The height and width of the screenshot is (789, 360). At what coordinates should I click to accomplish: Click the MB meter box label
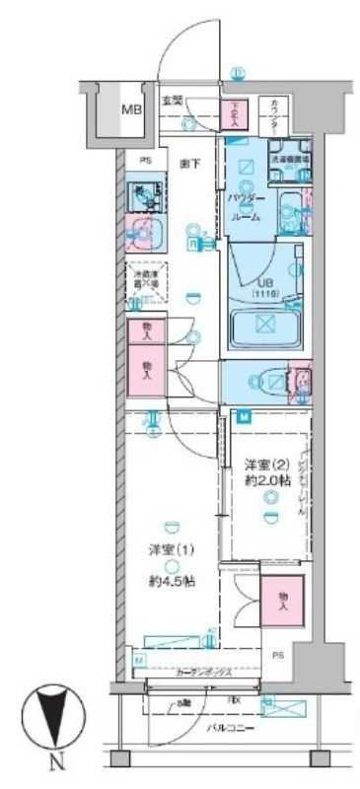point(130,109)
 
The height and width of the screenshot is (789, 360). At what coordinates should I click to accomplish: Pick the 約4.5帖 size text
point(171,581)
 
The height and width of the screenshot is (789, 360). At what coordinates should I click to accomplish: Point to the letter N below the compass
point(56,760)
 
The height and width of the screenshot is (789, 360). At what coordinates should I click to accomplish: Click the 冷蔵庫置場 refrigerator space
point(146,280)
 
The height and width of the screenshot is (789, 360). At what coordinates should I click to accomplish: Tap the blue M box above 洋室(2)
point(244,414)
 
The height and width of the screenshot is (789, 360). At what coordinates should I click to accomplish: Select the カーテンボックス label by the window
point(203,674)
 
